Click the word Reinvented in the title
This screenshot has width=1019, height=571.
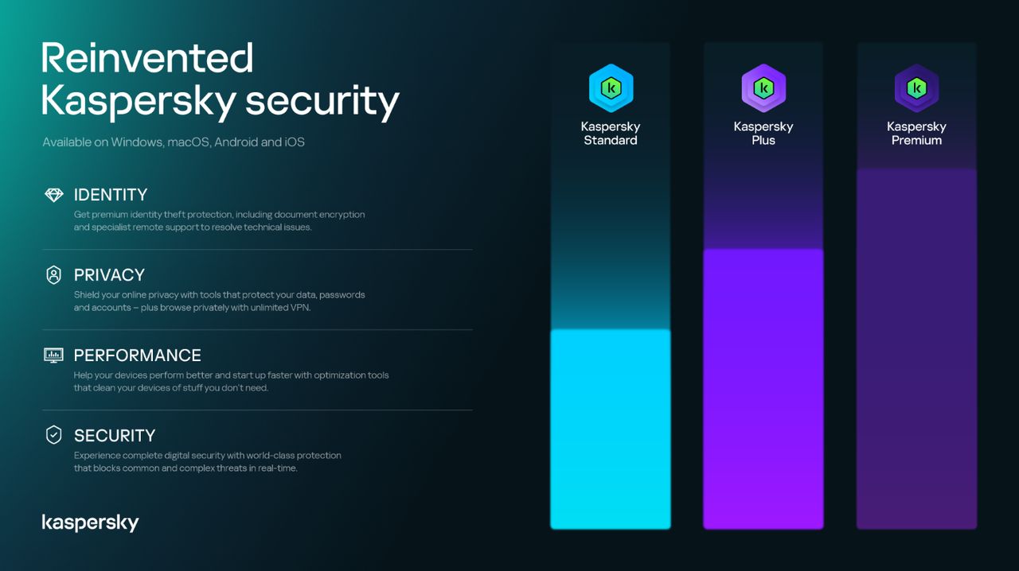pyautogui.click(x=147, y=58)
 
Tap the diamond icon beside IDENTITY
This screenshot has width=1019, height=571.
pyautogui.click(x=53, y=195)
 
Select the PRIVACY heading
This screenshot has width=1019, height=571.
pyautogui.click(x=109, y=275)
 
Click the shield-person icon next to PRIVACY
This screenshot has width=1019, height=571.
pyautogui.click(x=53, y=275)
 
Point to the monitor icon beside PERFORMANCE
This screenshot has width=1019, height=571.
pyautogui.click(x=53, y=355)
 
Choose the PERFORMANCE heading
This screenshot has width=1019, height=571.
pyautogui.click(x=137, y=355)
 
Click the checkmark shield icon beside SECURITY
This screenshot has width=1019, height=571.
pyautogui.click(x=53, y=435)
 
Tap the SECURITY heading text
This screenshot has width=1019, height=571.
pyautogui.click(x=115, y=436)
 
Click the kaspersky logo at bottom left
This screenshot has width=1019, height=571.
pyautogui.click(x=90, y=522)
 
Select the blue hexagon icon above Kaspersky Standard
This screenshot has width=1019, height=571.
pyautogui.click(x=611, y=88)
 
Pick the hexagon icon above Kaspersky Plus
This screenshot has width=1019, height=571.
pyautogui.click(x=763, y=88)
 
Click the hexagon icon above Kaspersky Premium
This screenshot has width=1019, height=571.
pyautogui.click(x=916, y=88)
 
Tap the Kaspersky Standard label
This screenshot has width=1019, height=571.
pyautogui.click(x=611, y=134)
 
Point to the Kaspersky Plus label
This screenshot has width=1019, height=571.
pyautogui.click(x=763, y=134)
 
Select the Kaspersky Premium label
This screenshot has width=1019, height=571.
pyautogui.click(x=916, y=134)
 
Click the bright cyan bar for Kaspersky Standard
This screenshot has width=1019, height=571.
pyautogui.click(x=611, y=429)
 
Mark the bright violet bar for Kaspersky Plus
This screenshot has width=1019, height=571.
pyautogui.click(x=763, y=390)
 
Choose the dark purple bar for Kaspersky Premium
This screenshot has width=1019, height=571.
pyautogui.click(x=916, y=350)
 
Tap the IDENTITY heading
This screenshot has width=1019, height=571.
pyautogui.click(x=111, y=195)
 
